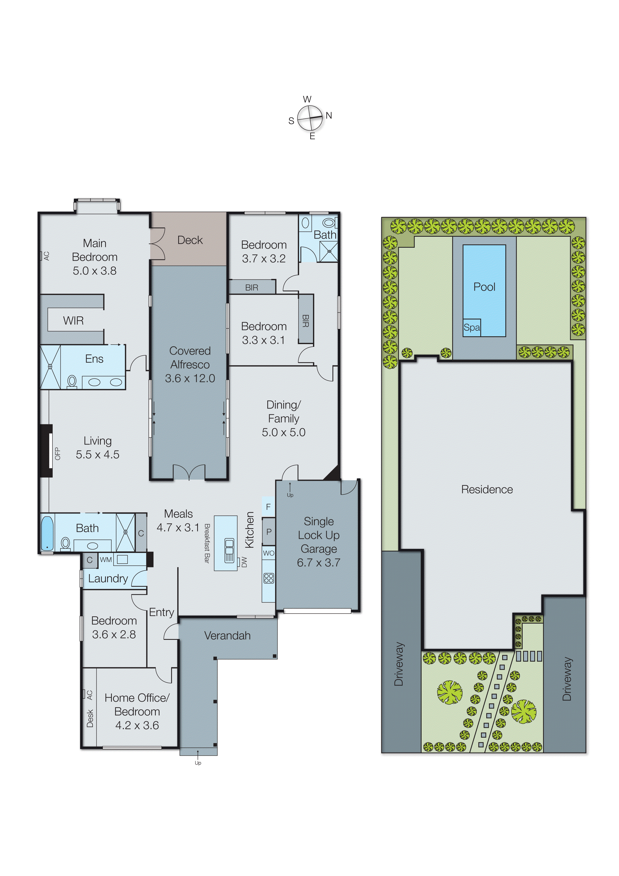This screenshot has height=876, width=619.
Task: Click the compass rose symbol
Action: pos(310,118)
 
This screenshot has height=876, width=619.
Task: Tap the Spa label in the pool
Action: pos(471,328)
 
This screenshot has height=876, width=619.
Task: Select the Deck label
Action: pos(190,240)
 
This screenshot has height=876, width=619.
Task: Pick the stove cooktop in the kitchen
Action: pos(269,578)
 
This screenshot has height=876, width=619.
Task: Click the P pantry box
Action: pos(269,531)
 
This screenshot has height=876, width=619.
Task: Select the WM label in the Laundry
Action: pos(106,560)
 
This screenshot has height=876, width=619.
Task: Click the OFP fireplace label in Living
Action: pos(58,454)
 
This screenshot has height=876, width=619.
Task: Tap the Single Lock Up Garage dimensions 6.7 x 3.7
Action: pos(318,563)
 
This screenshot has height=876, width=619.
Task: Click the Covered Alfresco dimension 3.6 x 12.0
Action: pos(190,379)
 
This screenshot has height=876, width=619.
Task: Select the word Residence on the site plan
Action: pos(487,489)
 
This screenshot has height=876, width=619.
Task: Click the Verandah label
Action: pos(227,636)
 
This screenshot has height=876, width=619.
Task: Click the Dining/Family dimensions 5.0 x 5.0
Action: pos(283,432)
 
